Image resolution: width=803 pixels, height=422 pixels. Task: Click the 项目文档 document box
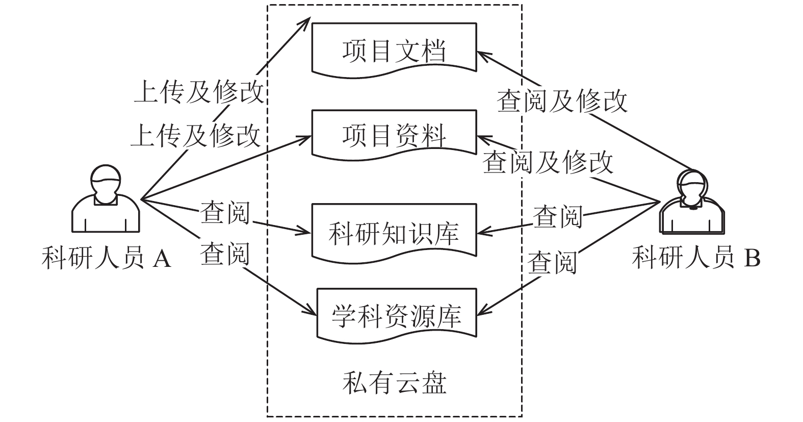(394, 50)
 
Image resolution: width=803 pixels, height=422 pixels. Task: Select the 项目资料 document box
(394, 135)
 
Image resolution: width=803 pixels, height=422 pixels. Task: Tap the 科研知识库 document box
(394, 233)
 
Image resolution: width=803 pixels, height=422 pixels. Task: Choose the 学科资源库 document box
(397, 316)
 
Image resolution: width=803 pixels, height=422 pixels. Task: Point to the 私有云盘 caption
(394, 383)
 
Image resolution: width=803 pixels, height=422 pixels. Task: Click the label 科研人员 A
(107, 258)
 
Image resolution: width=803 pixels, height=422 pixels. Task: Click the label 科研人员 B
(696, 257)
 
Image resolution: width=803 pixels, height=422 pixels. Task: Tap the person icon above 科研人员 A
(106, 198)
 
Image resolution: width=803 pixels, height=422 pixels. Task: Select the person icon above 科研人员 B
(692, 202)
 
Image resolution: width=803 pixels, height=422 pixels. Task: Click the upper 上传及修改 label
(199, 91)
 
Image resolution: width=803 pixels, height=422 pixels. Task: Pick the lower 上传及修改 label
(196, 135)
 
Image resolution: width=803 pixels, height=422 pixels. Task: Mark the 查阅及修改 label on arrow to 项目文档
(562, 101)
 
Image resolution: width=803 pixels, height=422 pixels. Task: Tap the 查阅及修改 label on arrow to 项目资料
(548, 162)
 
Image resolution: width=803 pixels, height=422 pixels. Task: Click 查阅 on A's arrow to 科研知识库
(225, 212)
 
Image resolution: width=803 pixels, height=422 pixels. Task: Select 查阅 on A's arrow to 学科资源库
(225, 254)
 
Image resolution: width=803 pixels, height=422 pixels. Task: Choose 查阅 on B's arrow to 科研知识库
(558, 217)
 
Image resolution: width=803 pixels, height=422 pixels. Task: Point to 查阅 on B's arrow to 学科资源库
(553, 263)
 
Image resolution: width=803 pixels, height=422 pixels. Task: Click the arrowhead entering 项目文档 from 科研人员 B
(483, 56)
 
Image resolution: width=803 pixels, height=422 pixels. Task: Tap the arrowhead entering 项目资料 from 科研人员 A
(304, 138)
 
